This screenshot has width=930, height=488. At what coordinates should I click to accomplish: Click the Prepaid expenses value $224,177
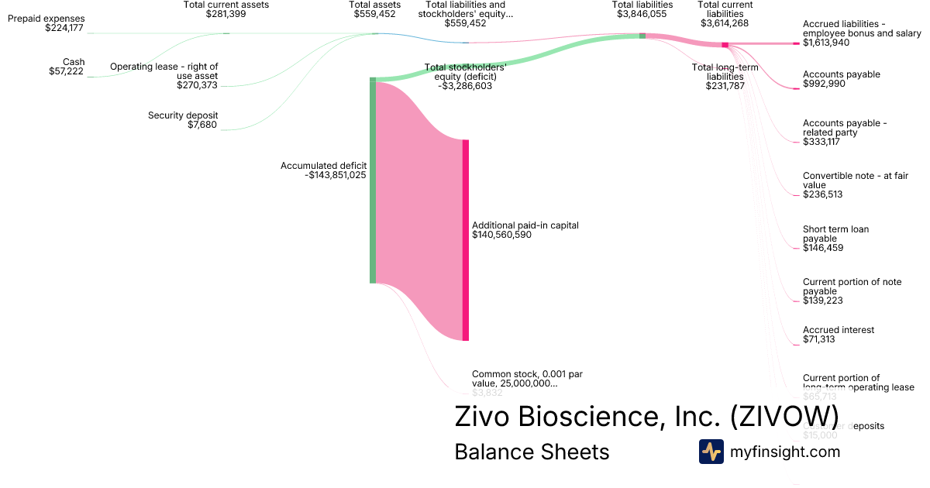65,28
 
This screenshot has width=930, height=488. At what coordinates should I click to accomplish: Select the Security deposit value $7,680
202,125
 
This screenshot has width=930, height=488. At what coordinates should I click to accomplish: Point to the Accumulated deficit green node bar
373,180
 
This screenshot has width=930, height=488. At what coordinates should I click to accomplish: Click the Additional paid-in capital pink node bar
466,240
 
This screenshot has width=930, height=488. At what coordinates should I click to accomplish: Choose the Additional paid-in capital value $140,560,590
501,235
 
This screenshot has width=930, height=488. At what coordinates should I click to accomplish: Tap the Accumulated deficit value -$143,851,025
336,175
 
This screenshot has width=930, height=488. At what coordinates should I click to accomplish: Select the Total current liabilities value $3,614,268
725,23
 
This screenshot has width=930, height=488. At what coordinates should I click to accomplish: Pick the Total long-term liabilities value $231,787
725,86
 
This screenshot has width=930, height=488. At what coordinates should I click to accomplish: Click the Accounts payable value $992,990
824,84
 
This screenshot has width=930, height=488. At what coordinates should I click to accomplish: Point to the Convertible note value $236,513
822,194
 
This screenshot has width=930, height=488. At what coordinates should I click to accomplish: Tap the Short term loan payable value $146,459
823,248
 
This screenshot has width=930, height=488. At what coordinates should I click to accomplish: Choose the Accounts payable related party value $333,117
822,142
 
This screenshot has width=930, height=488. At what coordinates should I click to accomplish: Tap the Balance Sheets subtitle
532,452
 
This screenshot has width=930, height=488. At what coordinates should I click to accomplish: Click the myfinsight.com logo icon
711,452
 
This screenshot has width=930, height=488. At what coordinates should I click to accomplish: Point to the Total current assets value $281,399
226,14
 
